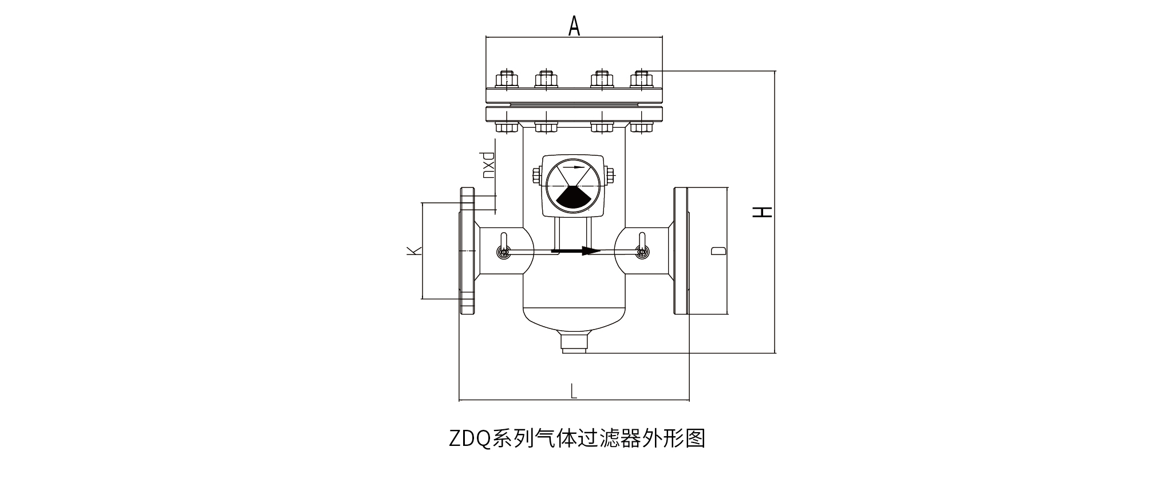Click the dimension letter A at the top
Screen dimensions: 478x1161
click(x=574, y=26)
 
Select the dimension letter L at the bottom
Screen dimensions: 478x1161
click(x=574, y=391)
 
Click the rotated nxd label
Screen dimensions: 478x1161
click(x=488, y=166)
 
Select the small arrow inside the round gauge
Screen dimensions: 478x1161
click(x=575, y=168)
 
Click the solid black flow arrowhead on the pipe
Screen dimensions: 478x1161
click(x=590, y=250)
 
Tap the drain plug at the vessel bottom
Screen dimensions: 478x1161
click(x=574, y=343)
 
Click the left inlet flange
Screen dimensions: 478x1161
click(x=468, y=250)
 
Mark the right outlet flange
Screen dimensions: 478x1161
click(x=681, y=250)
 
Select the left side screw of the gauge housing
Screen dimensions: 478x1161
click(x=537, y=175)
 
